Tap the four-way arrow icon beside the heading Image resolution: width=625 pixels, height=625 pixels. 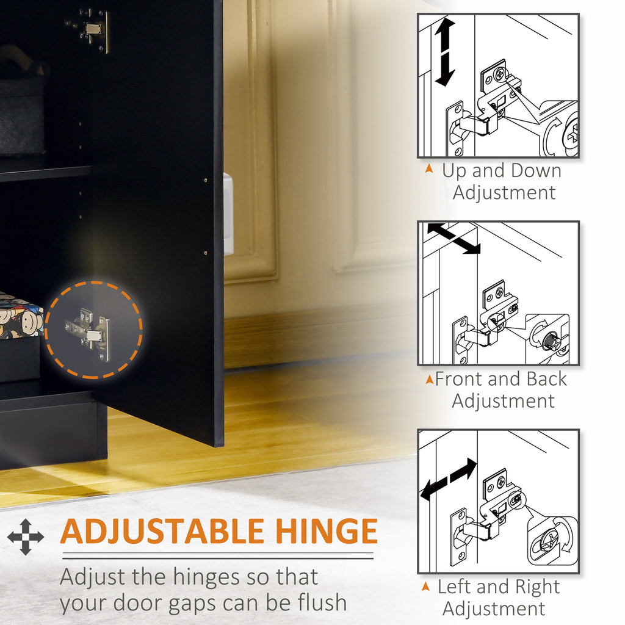coord(26,537)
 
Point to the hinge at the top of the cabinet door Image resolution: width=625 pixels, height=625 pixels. coord(88,30)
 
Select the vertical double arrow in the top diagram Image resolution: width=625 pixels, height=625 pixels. coord(445,52)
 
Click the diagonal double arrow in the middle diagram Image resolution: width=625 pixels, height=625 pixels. coord(453,239)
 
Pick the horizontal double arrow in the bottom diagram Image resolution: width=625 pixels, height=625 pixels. coord(449,479)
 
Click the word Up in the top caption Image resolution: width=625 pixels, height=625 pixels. coord(454,172)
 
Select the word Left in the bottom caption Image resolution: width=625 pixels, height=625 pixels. coord(455,587)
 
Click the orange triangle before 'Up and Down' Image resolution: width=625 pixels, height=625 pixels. coord(429,168)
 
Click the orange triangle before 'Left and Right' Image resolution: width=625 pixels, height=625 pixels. coord(425,586)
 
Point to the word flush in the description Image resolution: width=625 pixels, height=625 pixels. coord(322,602)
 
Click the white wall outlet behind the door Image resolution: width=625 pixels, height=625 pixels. coord(228,214)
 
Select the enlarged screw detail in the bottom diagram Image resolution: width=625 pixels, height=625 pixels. coord(552,541)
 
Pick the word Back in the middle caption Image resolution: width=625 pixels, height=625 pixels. coord(546,378)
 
